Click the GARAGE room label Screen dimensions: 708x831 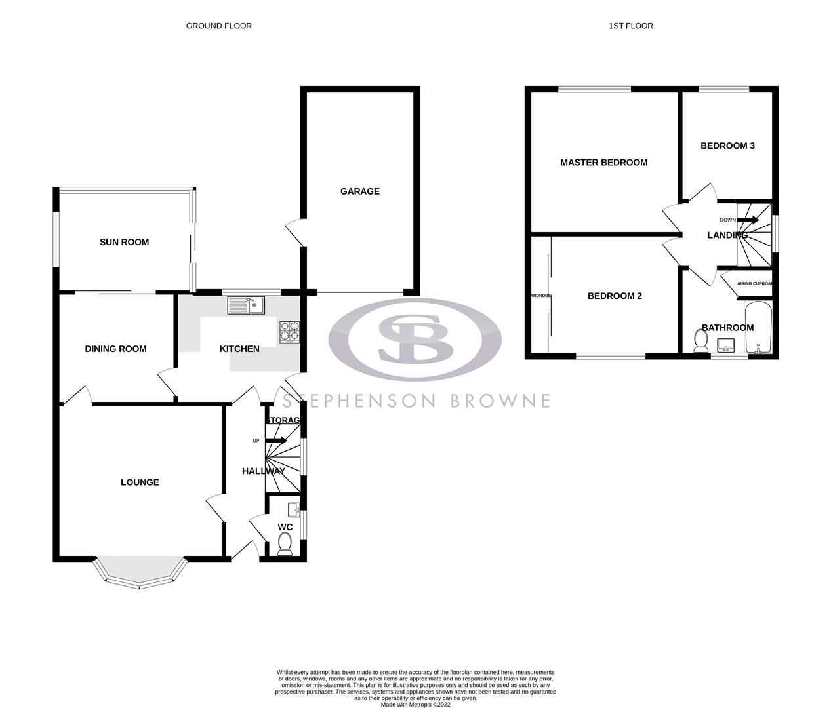359,191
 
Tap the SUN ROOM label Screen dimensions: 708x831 124,242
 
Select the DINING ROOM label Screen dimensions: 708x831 115,349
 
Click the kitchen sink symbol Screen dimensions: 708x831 246,305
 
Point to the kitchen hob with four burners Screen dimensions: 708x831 289,332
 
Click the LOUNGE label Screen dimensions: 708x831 140,482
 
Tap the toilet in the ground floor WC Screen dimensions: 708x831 285,544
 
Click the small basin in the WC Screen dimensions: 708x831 294,508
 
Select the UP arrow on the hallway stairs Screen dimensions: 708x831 276,441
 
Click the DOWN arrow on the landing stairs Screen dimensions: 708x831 748,220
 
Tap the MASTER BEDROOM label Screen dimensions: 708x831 603,163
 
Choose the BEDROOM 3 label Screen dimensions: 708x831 727,146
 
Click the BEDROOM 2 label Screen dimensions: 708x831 615,296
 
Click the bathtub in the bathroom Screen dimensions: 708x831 759,326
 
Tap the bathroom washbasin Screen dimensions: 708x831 725,345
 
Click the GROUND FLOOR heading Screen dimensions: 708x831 218,26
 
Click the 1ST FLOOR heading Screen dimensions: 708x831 631,26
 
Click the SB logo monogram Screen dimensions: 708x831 415,339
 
